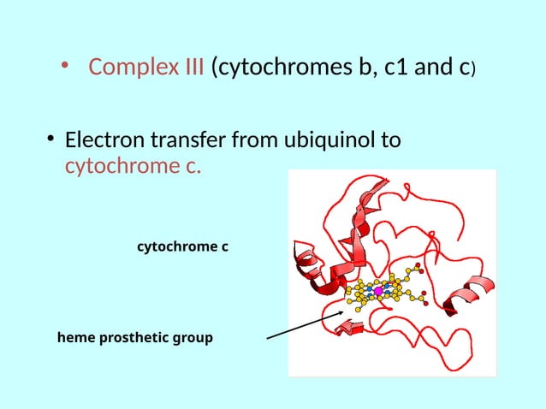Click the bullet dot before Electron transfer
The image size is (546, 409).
pyautogui.click(x=52, y=139)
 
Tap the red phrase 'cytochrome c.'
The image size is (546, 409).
pyautogui.click(x=134, y=165)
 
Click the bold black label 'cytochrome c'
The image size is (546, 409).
pyautogui.click(x=183, y=246)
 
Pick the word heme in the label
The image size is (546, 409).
pyautogui.click(x=76, y=338)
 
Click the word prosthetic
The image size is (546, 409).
pyautogui.click(x=138, y=338)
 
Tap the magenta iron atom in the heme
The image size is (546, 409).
pyautogui.click(x=378, y=292)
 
